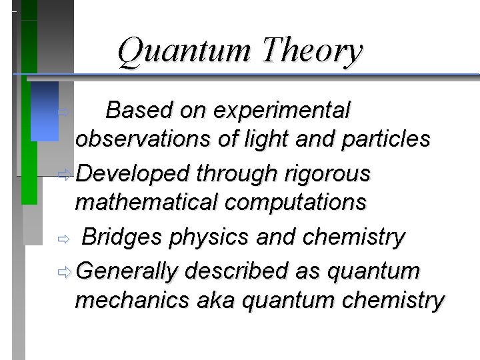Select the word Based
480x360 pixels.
point(136,109)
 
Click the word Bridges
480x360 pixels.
point(124,237)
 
